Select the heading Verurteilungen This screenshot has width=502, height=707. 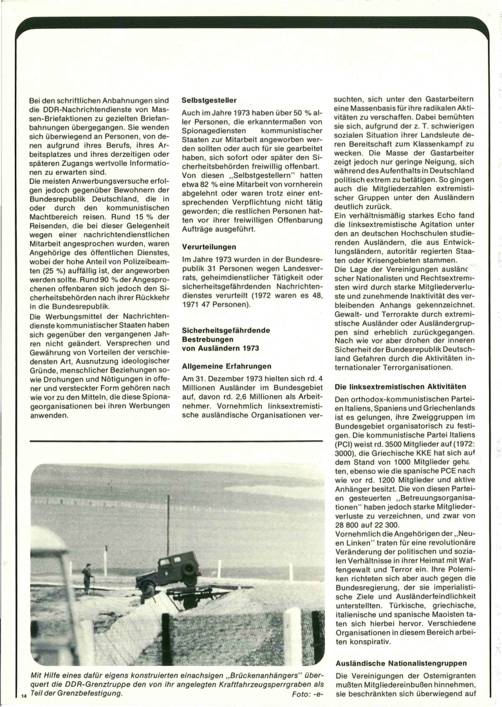[x=209, y=246]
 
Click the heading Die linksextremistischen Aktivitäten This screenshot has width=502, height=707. [x=405, y=387]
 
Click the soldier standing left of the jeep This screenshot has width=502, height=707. [x=88, y=577]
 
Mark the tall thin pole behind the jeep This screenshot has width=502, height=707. [x=168, y=523]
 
